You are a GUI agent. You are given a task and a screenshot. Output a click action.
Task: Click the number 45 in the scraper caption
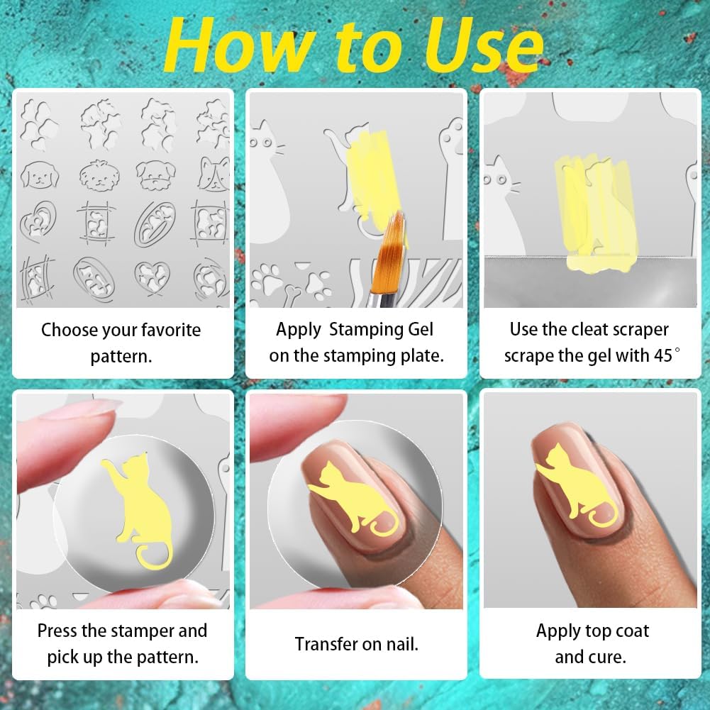(663, 356)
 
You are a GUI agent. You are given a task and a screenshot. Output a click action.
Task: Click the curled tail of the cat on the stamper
(153, 555)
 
